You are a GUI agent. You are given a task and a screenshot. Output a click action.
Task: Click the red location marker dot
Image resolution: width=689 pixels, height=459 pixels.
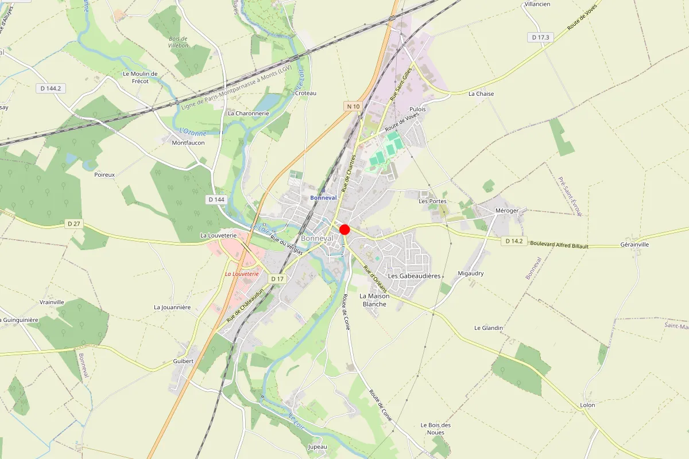click(x=344, y=229)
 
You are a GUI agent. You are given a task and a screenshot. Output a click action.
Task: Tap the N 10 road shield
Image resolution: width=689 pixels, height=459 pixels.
click(x=353, y=106)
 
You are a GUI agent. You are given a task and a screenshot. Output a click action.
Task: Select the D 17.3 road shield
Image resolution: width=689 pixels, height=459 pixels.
click(x=540, y=37)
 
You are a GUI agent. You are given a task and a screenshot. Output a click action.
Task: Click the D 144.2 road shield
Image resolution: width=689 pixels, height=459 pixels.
click(x=51, y=88)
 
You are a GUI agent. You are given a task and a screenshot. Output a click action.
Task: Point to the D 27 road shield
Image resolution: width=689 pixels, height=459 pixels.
click(x=73, y=224)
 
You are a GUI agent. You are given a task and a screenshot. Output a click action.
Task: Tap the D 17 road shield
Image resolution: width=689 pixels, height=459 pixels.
click(x=277, y=279)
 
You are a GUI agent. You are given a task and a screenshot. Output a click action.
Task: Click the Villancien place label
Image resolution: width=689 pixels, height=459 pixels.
click(x=537, y=4)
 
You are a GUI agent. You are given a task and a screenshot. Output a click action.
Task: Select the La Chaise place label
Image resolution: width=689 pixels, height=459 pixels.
click(x=481, y=94)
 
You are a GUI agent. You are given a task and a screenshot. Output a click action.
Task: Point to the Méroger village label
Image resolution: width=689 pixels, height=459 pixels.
click(x=507, y=211)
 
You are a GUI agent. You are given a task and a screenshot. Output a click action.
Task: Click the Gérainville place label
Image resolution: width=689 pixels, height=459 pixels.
click(x=634, y=244)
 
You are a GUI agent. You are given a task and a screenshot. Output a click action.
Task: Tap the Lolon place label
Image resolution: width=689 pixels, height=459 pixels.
click(x=587, y=405)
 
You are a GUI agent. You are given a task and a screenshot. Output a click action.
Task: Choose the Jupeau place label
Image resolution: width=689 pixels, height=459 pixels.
click(x=318, y=446)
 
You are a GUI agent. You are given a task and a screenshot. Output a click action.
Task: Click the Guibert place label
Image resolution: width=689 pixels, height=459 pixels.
click(x=183, y=361)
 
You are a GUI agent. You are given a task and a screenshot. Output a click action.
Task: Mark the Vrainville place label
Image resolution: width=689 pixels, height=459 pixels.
click(x=52, y=302)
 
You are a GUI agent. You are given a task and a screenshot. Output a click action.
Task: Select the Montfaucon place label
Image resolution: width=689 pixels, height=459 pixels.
click(x=188, y=143)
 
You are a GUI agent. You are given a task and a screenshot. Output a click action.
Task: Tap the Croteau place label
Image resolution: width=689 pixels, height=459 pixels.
click(x=305, y=93)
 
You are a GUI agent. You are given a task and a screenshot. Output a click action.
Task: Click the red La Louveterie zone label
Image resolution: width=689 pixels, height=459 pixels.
click(x=242, y=274)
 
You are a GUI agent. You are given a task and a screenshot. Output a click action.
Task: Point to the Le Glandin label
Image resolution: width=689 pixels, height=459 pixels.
click(x=489, y=328)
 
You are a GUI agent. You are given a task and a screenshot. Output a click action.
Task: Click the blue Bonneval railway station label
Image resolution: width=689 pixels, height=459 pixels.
click(x=323, y=198)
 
